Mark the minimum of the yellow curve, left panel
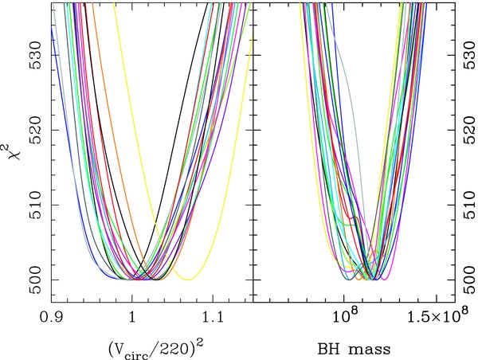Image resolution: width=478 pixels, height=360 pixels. pyautogui.click(x=189, y=279)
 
